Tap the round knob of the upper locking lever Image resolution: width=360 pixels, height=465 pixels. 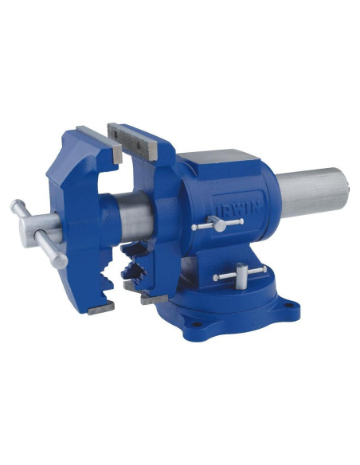click(220, 226)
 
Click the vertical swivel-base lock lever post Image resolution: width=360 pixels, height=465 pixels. click(241, 275)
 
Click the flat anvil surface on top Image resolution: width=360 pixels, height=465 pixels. click(219, 157)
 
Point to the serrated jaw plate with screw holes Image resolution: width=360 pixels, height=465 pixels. click(132, 141)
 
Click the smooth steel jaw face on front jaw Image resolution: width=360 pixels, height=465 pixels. click(100, 144)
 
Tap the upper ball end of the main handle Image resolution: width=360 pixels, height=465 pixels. click(15, 205)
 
